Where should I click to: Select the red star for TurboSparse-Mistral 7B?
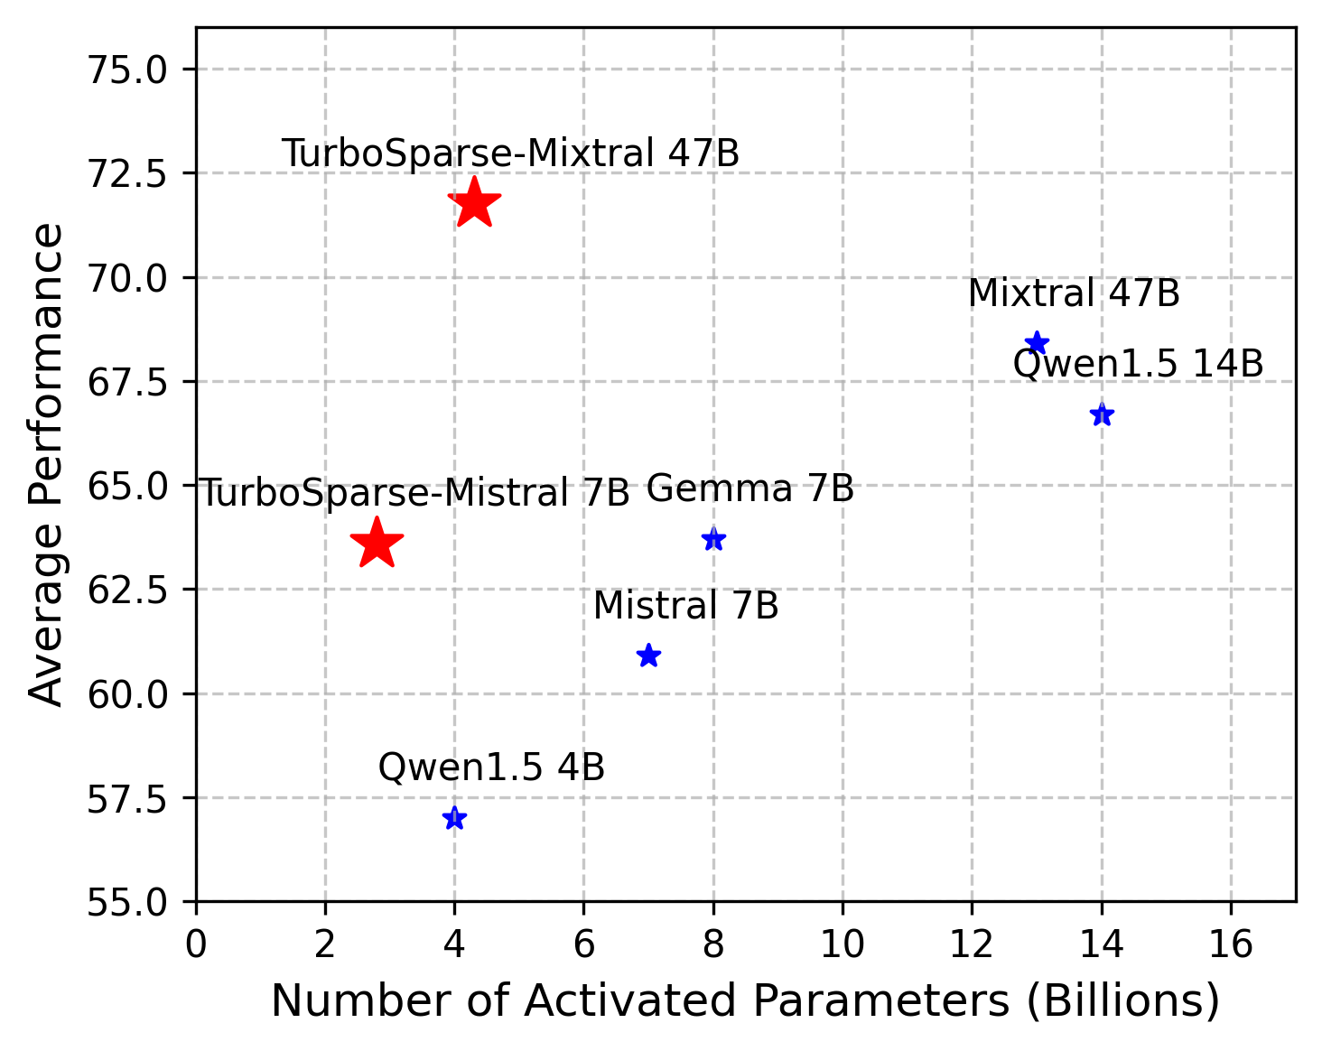click(377, 544)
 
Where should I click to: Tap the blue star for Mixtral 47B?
click(1037, 343)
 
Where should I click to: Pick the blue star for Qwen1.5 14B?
click(1102, 414)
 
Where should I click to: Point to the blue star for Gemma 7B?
click(713, 539)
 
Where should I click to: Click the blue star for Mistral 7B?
click(648, 656)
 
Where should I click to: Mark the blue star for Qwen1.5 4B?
click(454, 818)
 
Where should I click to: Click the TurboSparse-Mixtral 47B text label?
click(510, 153)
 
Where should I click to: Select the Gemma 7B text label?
click(749, 488)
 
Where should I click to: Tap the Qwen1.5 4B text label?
click(491, 767)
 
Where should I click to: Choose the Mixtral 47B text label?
click(1074, 293)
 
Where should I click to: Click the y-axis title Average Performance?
click(47, 464)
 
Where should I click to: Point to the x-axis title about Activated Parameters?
click(745, 1001)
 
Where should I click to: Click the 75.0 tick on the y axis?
click(126, 70)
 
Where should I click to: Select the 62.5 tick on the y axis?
click(126, 590)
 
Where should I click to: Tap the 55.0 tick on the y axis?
click(126, 902)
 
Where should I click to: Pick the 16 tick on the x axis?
click(1231, 944)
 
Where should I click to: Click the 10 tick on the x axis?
click(843, 944)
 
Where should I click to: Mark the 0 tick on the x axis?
click(196, 944)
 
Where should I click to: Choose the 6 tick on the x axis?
click(584, 944)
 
